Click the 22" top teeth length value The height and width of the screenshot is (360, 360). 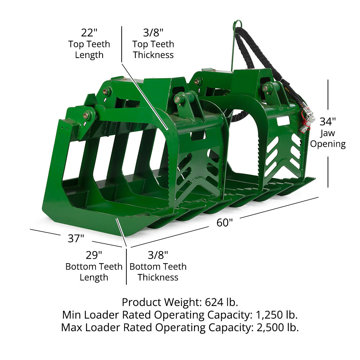tap(89, 32)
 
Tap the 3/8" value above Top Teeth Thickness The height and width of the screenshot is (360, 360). tap(153, 32)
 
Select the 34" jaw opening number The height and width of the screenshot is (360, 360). tap(328, 121)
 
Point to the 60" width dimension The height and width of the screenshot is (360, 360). tap(225, 222)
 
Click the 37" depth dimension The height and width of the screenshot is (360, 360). tap(76, 238)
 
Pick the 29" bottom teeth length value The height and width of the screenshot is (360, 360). tap(94, 255)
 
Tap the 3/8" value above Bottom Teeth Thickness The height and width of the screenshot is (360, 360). tap(158, 255)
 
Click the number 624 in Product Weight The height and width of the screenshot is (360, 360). tap(214, 302)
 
